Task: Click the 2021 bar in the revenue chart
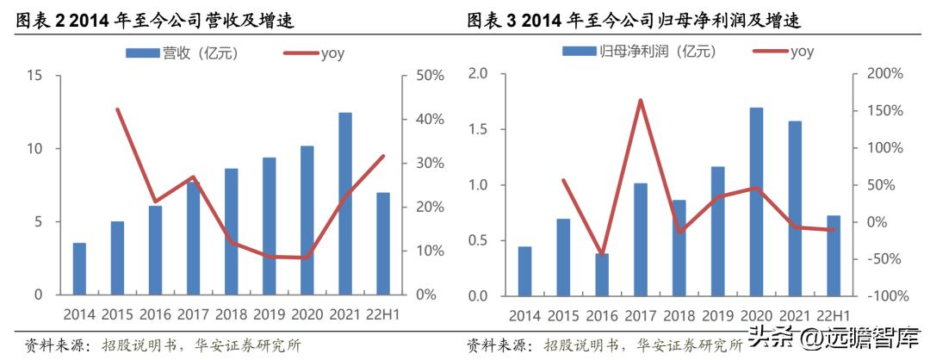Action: pyautogui.click(x=345, y=203)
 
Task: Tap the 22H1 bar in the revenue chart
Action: pyautogui.click(x=383, y=244)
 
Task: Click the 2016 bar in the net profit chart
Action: pyautogui.click(x=602, y=274)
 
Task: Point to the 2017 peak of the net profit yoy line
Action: pyautogui.click(x=641, y=101)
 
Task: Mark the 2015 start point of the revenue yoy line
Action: pyautogui.click(x=117, y=109)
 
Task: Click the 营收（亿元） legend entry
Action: pyautogui.click(x=182, y=53)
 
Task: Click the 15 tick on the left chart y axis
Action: pyautogui.click(x=34, y=76)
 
